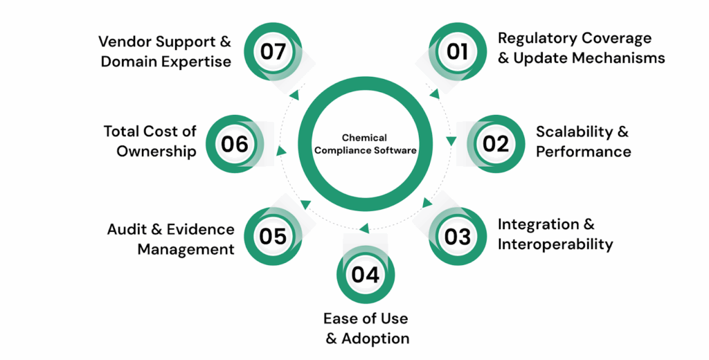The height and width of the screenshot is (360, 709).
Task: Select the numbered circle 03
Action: coord(458,237)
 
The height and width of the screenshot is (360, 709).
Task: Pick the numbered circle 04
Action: coord(365,275)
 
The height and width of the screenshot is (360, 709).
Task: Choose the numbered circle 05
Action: coord(273,237)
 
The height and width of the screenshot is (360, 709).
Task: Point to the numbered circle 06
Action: coord(235,143)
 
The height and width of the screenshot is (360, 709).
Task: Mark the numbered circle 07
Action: coord(273,51)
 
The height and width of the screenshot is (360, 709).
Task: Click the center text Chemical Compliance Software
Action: coord(365,144)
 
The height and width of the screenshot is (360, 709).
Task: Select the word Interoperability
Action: coord(555,244)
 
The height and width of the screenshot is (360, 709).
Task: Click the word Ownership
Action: coord(156,152)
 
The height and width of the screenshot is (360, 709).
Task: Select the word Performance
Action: coord(583,151)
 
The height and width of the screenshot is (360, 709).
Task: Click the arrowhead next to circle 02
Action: coord(451,141)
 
